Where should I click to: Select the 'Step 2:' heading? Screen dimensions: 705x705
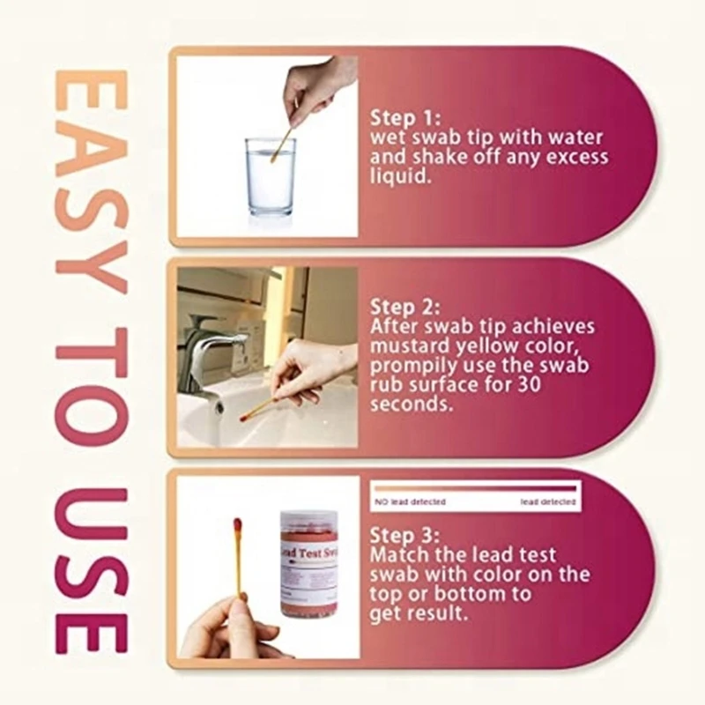405,307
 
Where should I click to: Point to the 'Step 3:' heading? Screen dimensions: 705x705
405,535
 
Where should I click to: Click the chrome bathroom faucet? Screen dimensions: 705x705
208,348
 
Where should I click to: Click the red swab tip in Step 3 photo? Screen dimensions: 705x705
237,527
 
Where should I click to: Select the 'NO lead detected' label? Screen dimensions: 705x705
411,501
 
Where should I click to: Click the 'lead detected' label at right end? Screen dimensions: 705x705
547,501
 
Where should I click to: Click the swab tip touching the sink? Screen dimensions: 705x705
246,415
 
